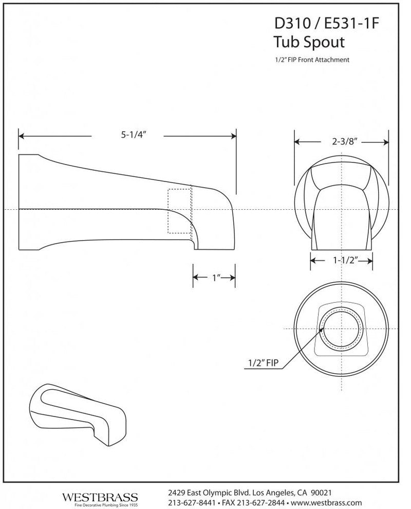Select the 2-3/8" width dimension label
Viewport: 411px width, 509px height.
click(x=345, y=141)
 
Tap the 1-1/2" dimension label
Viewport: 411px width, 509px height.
click(x=345, y=260)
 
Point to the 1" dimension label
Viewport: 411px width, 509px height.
click(x=216, y=278)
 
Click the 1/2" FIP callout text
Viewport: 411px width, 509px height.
click(x=263, y=362)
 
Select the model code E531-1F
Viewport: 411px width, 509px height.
click(x=351, y=23)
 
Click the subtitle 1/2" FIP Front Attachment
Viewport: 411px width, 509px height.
click(x=311, y=60)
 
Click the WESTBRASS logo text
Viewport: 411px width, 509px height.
click(x=100, y=497)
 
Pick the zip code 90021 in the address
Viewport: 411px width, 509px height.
click(x=321, y=493)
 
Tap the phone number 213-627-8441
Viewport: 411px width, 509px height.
click(x=192, y=503)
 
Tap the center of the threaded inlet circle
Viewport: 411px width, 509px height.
click(x=342, y=329)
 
